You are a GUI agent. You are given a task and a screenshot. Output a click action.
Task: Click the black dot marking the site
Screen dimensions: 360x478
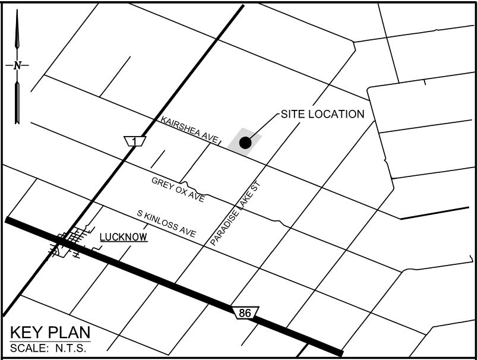(245, 143)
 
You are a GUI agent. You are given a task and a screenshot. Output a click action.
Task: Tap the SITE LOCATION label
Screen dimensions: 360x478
(322, 114)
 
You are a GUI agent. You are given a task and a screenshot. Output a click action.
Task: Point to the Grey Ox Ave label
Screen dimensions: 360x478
(178, 190)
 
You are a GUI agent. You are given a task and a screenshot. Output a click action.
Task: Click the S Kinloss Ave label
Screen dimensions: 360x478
(166, 223)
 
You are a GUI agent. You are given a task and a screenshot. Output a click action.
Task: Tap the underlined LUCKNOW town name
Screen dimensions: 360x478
(123, 237)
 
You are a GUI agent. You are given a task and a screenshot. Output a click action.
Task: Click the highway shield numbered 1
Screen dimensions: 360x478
(136, 141)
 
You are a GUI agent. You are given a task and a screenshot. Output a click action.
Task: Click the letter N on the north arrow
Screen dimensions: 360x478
(17, 65)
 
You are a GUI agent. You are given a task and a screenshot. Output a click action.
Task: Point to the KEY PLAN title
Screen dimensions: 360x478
(50, 333)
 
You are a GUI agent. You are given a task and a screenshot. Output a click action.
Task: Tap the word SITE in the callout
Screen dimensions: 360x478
(292, 114)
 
